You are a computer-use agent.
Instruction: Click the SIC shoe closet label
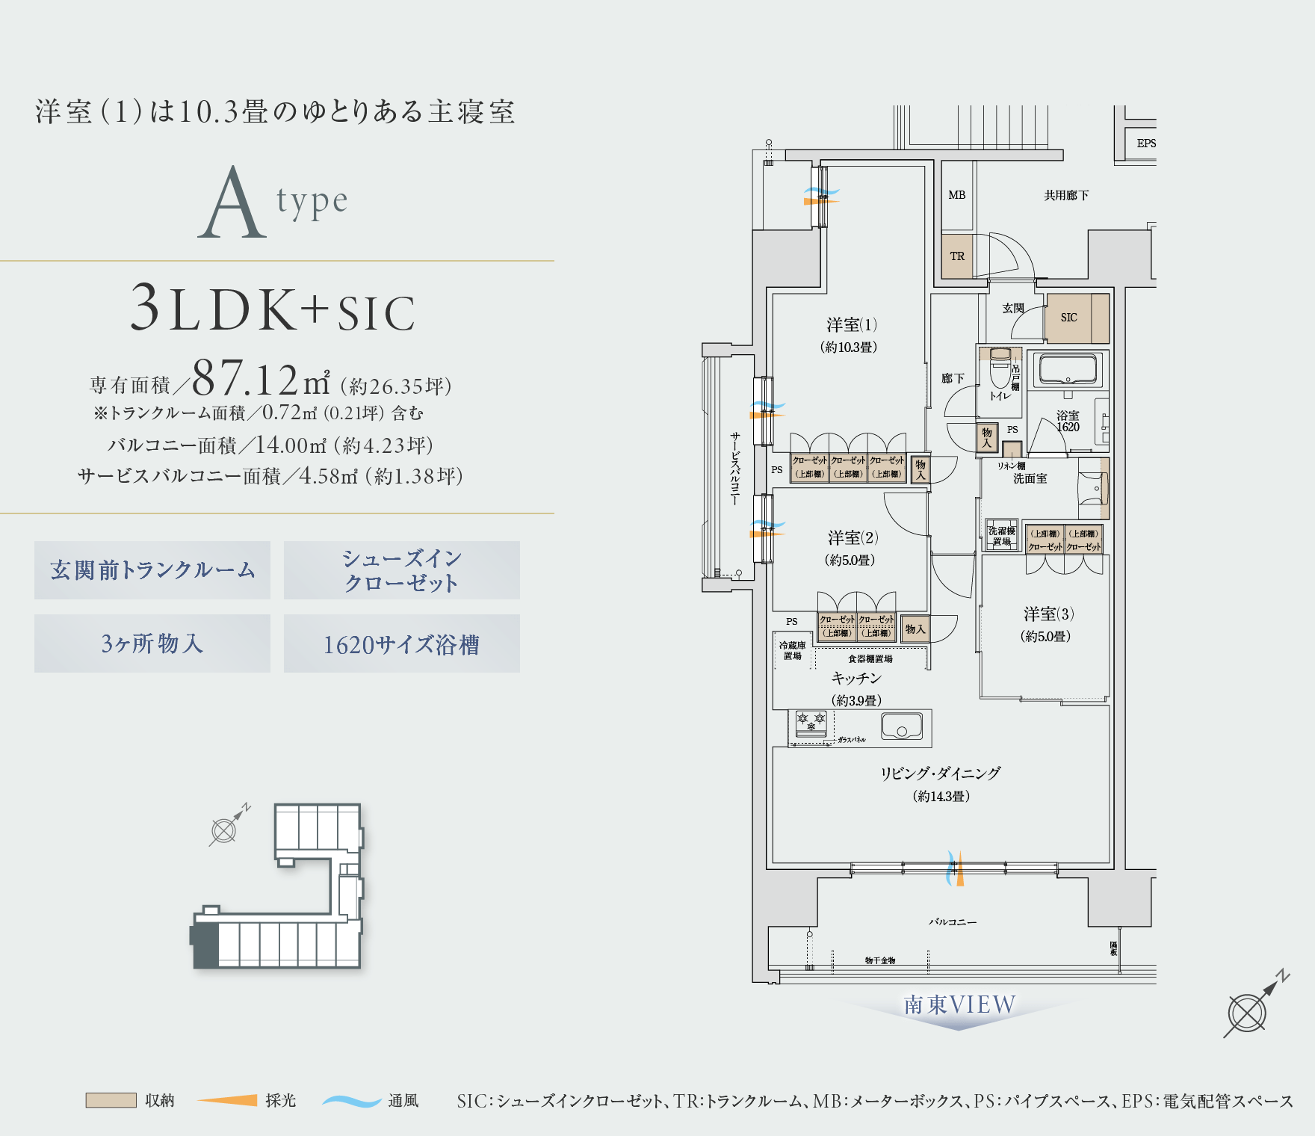coord(1069,318)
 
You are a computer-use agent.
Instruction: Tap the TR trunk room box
coord(957,256)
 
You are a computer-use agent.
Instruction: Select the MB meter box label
coord(957,195)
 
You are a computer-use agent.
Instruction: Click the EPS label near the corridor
coord(1145,143)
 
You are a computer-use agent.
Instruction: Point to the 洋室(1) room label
coord(851,325)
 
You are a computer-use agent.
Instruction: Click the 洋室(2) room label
coord(853,538)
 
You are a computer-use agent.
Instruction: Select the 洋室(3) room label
coord(1048,614)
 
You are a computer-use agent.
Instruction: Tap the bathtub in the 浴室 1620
coord(1068,369)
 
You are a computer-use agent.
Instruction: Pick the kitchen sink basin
coord(901,726)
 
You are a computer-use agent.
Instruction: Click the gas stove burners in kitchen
coord(811,722)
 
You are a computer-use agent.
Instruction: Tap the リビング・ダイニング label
coord(940,774)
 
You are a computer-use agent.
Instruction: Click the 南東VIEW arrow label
coord(959,1005)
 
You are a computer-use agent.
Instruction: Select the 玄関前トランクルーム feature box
coord(152,570)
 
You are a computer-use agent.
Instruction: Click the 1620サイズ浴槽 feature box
coord(402,644)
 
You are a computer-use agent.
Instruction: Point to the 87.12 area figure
coord(246,380)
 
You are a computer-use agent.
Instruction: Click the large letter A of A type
coord(232,203)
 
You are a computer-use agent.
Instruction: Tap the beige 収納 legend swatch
coord(111,1100)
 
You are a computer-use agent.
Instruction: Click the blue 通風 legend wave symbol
coord(351,1101)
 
